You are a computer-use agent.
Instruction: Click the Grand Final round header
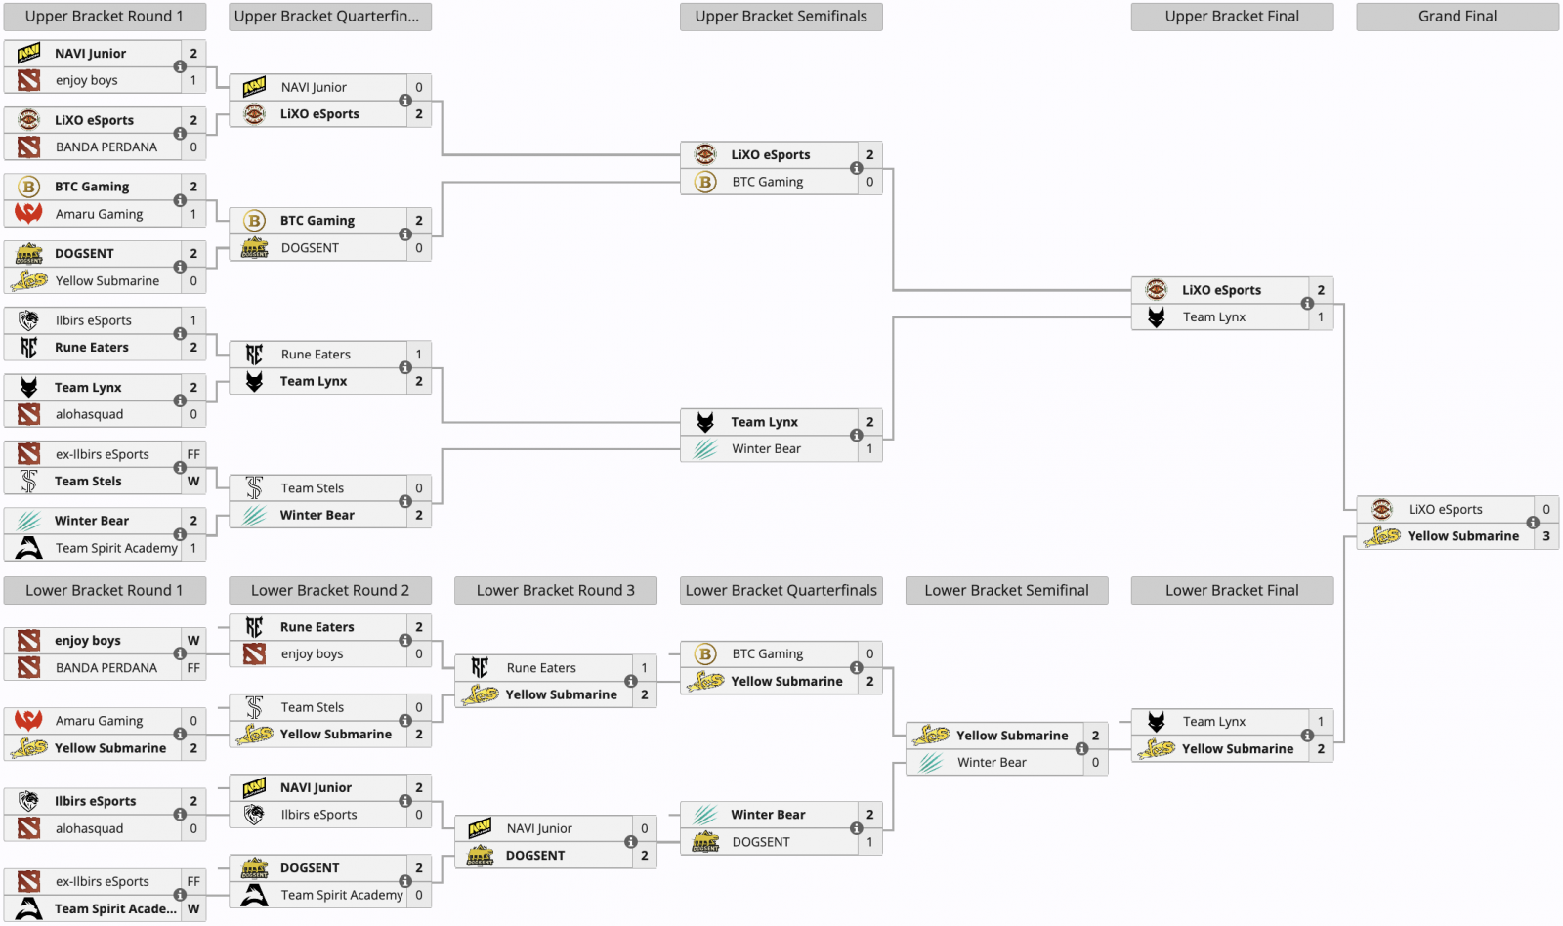click(1457, 17)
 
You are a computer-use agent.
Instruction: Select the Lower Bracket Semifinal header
click(1006, 591)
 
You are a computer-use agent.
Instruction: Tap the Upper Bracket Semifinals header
click(781, 17)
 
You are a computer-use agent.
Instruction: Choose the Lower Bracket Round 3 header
click(555, 591)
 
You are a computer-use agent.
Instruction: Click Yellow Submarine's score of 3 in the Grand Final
click(1546, 536)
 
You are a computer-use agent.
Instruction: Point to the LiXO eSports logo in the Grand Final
click(1381, 509)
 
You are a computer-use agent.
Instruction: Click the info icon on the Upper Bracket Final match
click(1307, 304)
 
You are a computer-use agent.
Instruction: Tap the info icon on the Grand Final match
click(1533, 523)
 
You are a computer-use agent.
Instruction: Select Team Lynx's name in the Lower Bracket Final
click(1213, 722)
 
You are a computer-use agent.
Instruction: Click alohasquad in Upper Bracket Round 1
click(89, 414)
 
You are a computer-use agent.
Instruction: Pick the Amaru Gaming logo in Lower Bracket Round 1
click(29, 721)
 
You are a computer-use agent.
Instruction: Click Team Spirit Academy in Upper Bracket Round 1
click(116, 548)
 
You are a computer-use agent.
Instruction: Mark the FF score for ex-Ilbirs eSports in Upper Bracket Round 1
click(193, 454)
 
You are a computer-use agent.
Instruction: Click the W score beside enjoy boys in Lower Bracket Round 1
click(193, 641)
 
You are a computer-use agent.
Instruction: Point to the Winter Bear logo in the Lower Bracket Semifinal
click(931, 763)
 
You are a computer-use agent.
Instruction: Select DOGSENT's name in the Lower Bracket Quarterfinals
click(760, 842)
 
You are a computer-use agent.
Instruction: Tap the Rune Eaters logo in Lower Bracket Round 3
click(480, 668)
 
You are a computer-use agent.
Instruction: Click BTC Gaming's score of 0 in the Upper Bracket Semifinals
click(869, 182)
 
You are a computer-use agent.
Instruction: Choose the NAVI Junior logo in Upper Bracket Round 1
click(29, 54)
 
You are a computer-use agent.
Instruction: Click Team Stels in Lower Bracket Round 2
click(312, 707)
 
